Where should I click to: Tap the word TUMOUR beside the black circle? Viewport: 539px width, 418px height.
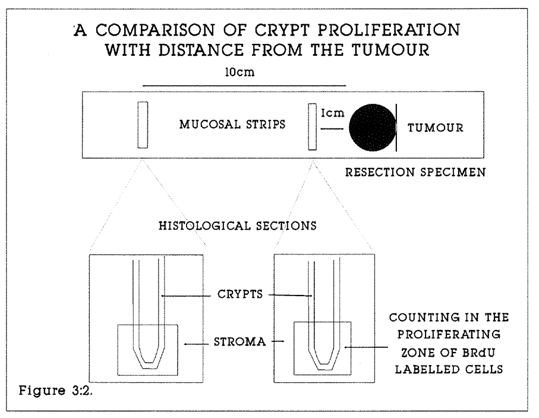pos(435,128)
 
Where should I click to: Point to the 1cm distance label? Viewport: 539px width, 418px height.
pos(333,113)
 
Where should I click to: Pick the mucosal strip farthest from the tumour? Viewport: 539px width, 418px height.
pos(143,125)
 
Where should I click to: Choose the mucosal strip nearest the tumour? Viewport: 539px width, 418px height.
pos(313,127)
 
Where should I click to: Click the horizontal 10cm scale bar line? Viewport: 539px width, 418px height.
pos(244,85)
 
